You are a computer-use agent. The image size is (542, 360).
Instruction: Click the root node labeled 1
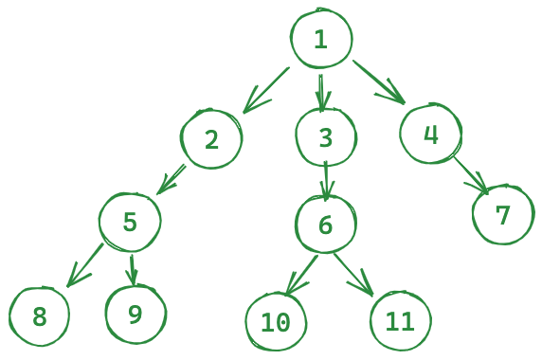pos(321,38)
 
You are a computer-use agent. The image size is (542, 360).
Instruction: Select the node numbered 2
pos(211,138)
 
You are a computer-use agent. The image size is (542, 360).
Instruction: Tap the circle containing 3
pos(326,137)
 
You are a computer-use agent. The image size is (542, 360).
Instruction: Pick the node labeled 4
pos(431,133)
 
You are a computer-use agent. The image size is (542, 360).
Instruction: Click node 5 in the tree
pos(130,222)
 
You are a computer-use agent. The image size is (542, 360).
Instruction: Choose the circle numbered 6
pos(326,225)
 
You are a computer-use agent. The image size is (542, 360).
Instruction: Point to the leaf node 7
pos(503,214)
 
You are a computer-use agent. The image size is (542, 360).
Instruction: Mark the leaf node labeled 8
pos(39,316)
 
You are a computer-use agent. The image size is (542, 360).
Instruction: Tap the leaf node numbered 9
pos(135,314)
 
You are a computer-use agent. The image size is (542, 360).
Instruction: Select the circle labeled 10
pos(276,322)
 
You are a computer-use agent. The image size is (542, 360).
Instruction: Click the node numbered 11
pos(401,321)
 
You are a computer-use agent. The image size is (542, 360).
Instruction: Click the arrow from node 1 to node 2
pos(266,90)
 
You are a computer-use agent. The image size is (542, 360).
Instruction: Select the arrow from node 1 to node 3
pos(321,93)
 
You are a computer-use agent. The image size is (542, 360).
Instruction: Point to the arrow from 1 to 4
pos(379,81)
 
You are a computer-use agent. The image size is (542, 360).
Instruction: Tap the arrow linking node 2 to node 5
pos(172,180)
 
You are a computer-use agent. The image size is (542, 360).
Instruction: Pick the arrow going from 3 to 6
pos(326,181)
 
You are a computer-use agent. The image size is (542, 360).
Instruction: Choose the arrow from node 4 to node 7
pos(471,175)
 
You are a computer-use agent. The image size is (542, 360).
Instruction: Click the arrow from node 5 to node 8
pos(85,265)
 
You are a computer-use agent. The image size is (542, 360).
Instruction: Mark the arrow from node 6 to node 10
pos(301,275)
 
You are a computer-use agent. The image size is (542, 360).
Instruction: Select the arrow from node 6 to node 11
pos(353,275)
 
